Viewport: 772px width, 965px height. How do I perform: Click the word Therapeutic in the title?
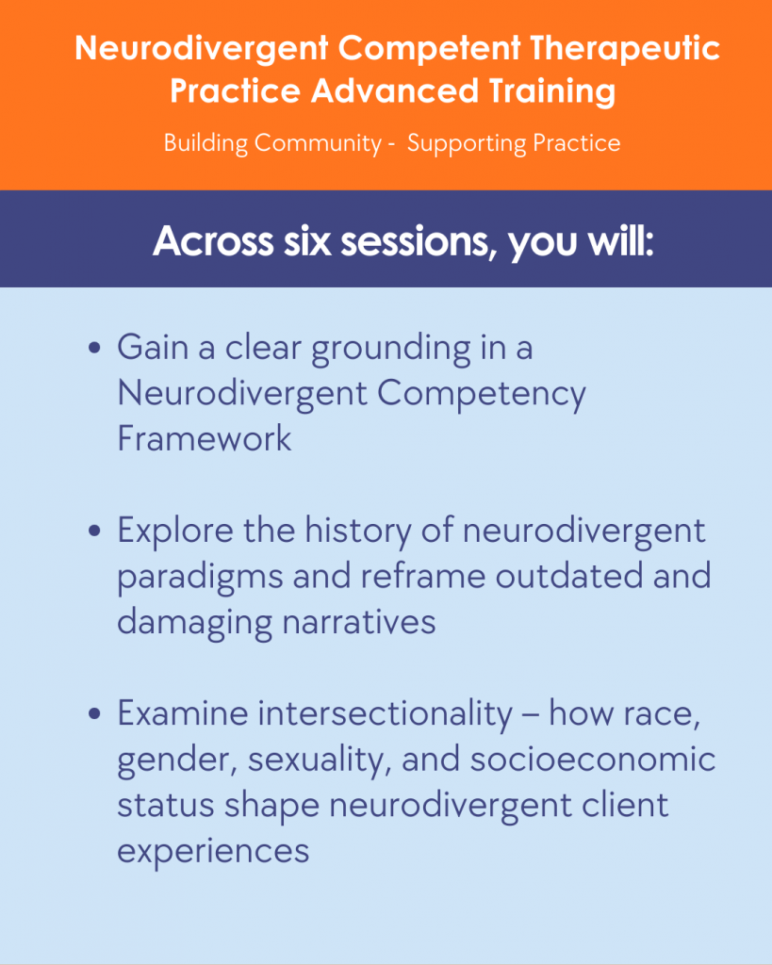[624, 48]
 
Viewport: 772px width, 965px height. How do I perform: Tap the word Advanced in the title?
[395, 90]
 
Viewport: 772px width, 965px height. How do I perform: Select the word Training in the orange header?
[552, 91]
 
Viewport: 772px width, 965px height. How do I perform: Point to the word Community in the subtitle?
[319, 143]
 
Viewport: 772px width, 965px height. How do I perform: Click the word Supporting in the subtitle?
[467, 143]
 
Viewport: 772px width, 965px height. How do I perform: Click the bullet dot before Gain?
[94, 348]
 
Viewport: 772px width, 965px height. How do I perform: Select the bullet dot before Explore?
[94, 531]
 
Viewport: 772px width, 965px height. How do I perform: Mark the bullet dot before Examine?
[94, 713]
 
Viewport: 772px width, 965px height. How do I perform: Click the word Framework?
[205, 438]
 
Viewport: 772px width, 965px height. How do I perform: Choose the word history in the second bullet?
[358, 532]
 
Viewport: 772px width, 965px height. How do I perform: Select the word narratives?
[359, 622]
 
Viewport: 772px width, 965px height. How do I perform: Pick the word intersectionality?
[385, 713]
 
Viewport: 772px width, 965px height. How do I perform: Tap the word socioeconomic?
[593, 759]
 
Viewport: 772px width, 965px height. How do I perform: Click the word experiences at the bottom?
[213, 852]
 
